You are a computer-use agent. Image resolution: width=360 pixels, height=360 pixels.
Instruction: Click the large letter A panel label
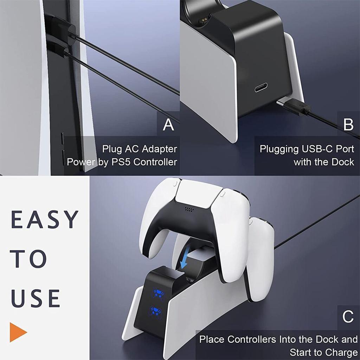[168, 125]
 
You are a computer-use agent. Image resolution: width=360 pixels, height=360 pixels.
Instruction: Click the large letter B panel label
[348, 125]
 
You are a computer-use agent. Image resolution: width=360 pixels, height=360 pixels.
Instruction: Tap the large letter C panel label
[348, 317]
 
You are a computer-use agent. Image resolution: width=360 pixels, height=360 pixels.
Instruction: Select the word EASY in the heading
[44, 219]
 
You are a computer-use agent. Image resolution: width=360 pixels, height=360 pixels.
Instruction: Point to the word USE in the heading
[36, 298]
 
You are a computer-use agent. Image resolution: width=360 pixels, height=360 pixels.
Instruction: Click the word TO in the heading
[28, 259]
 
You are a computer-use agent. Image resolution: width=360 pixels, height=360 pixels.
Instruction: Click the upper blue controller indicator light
[159, 294]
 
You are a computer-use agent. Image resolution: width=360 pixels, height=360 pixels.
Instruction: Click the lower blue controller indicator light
[156, 311]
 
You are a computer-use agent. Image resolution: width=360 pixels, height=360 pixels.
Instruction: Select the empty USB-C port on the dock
[261, 87]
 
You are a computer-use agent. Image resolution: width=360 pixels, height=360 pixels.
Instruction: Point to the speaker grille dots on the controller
[189, 209]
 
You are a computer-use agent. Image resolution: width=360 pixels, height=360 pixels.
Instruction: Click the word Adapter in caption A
[159, 149]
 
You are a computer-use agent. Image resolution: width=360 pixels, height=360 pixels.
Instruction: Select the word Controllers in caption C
[252, 339]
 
